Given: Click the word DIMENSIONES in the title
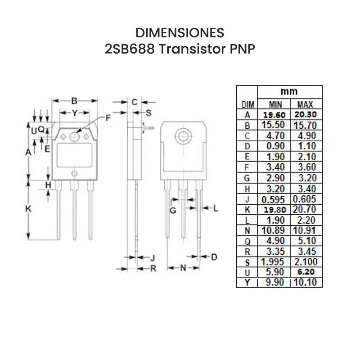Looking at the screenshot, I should (x=180, y=33).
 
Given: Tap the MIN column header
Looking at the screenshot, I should (x=274, y=104).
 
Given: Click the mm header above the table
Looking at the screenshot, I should (x=289, y=91).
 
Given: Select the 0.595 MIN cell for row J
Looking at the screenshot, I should (x=274, y=199).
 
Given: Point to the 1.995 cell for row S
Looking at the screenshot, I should (x=274, y=262).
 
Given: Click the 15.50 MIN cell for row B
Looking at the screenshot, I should (x=274, y=125).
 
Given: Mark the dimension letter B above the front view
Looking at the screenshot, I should (x=75, y=100).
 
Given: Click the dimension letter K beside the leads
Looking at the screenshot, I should (x=27, y=209).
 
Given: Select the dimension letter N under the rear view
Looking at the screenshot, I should (x=183, y=268).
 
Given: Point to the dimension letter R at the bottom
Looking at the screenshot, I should (x=153, y=269).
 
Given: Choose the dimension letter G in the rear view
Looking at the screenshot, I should (x=172, y=210).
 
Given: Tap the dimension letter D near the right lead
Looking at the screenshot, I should (x=214, y=257).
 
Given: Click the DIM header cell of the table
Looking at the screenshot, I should (x=247, y=104).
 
